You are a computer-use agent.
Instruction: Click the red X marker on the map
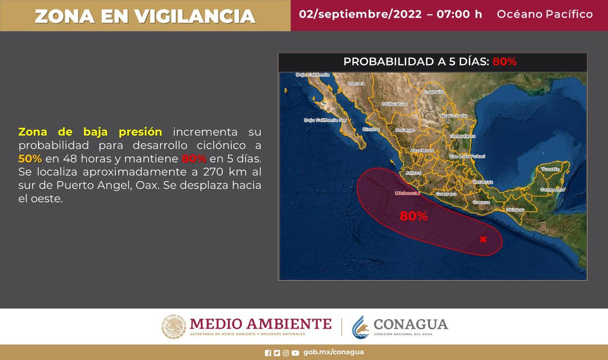483,239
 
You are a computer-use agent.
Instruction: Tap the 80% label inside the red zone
413,216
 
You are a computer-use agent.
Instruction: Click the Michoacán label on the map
408,193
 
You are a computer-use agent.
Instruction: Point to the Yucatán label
550,169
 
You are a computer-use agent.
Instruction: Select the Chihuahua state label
394,104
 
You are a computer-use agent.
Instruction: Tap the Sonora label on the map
356,83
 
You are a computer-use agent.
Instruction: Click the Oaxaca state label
481,202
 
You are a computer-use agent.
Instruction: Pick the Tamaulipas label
462,136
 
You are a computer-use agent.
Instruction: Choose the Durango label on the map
405,130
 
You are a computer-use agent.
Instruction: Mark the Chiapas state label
515,209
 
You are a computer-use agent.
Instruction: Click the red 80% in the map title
504,62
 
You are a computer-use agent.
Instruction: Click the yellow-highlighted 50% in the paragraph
30,159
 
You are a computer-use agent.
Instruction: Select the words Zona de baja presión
90,132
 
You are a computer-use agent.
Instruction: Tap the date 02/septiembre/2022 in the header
360,14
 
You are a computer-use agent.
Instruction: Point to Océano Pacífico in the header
544,14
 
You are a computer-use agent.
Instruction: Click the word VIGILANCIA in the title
195,16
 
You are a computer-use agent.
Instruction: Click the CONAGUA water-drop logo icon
361,327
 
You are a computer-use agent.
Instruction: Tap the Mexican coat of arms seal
173,327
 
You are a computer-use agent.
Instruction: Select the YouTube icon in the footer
295,353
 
